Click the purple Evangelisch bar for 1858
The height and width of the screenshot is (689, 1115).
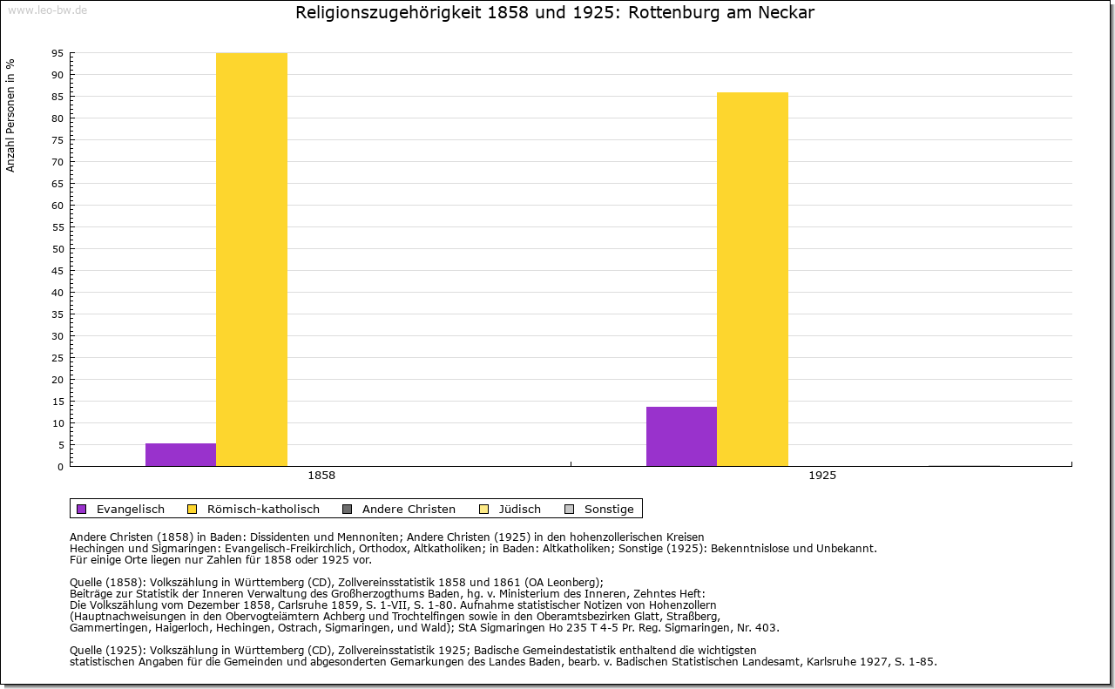pyautogui.click(x=180, y=455)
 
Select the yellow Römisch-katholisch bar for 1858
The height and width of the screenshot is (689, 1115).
pyautogui.click(x=252, y=260)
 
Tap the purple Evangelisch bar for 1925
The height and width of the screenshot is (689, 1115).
pyautogui.click(x=681, y=436)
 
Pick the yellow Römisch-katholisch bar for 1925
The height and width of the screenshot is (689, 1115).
pyautogui.click(x=753, y=279)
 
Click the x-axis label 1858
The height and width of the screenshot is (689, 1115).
pyautogui.click(x=321, y=476)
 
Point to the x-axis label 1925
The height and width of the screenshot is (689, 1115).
pyautogui.click(x=822, y=476)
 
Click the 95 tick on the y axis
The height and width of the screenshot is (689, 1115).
pyautogui.click(x=57, y=53)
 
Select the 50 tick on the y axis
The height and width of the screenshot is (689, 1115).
pyautogui.click(x=57, y=249)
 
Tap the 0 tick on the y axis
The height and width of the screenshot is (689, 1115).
pyautogui.click(x=60, y=467)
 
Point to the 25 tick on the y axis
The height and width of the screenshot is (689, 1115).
pyautogui.click(x=57, y=358)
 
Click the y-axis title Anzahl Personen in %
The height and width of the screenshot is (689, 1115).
pyautogui.click(x=10, y=115)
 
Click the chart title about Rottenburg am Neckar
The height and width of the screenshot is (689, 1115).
pyautogui.click(x=555, y=13)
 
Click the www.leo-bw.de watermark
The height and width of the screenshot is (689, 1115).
pyautogui.click(x=47, y=10)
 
